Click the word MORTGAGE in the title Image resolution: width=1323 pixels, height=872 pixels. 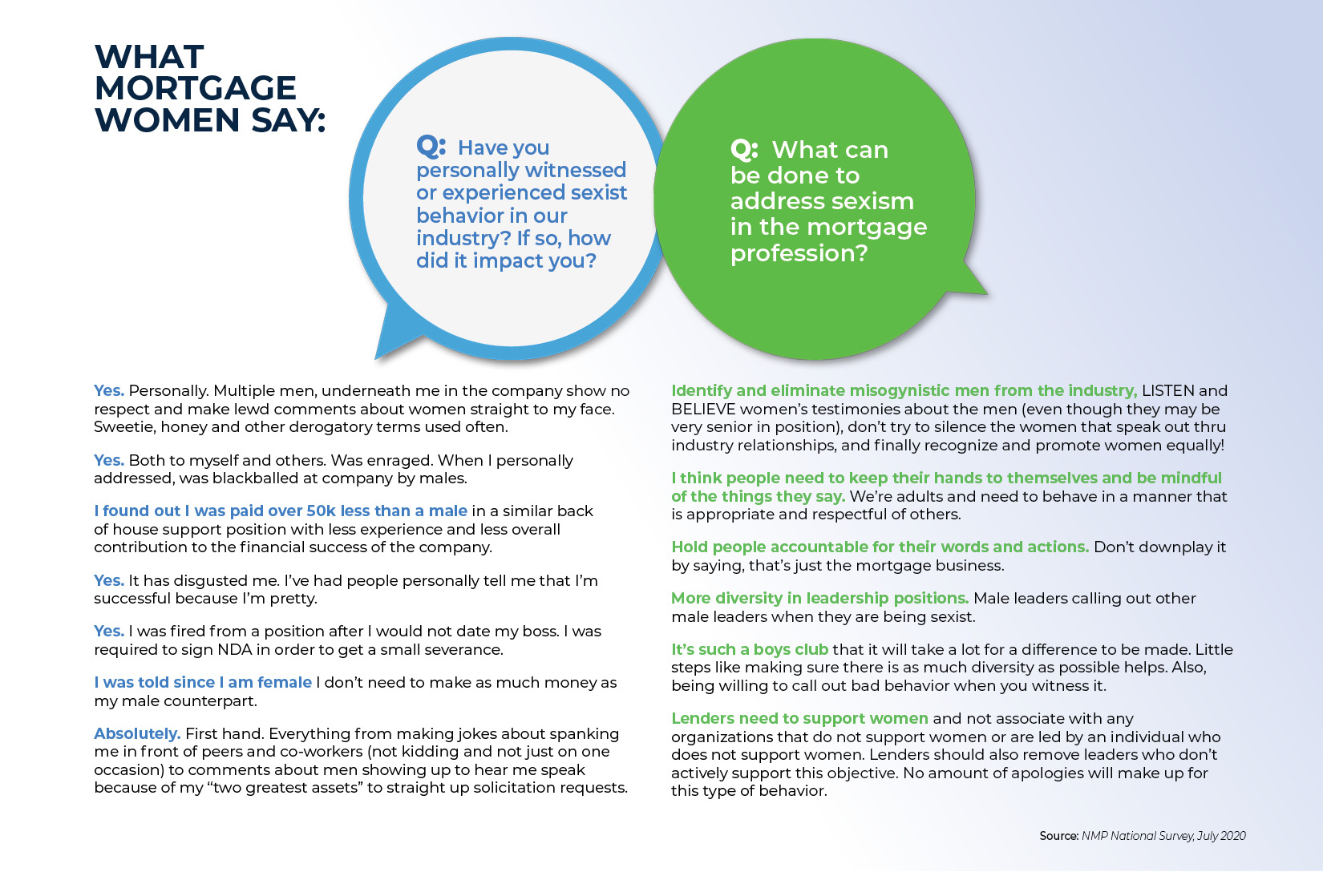(196, 88)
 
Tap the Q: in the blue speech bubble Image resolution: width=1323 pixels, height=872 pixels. (431, 147)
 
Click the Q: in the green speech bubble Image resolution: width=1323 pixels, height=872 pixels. (744, 149)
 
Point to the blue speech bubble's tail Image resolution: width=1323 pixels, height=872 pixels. (393, 333)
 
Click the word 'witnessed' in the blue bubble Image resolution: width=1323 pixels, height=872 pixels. (575, 170)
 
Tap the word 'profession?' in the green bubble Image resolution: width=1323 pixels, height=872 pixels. (799, 253)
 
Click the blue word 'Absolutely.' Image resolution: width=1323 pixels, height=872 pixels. (137, 733)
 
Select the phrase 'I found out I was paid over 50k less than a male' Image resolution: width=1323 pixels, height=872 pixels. (281, 511)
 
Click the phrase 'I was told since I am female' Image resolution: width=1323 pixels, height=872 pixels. (203, 682)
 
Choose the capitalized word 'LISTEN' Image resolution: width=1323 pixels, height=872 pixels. (1168, 390)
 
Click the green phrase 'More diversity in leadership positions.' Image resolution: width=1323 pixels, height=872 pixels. (819, 598)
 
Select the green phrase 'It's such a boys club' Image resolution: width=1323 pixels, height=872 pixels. (750, 649)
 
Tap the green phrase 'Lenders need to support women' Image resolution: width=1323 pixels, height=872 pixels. (799, 718)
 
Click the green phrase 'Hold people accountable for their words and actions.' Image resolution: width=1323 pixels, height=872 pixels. (880, 547)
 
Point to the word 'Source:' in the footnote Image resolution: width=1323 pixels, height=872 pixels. (1058, 836)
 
